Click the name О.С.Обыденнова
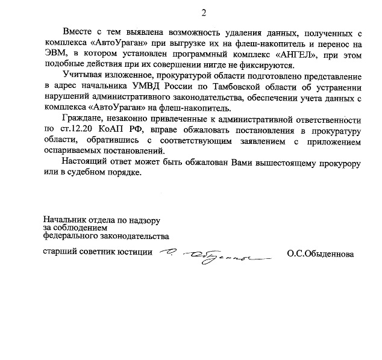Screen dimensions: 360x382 coord(321,253)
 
